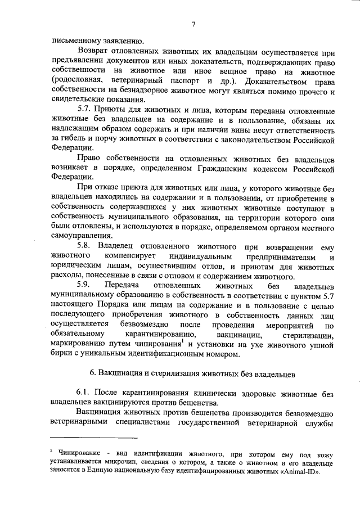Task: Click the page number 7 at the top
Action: [193, 24]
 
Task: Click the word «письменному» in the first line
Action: [73, 40]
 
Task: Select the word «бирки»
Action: [61, 354]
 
